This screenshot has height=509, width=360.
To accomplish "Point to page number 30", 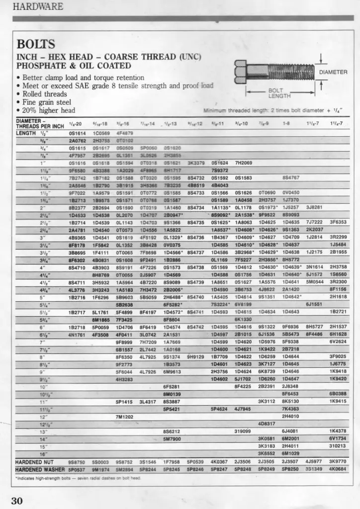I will tap(17, 501).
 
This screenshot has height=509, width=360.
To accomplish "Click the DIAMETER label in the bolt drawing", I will tap(333, 72).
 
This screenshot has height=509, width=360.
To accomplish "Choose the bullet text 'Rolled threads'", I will tap(45, 94).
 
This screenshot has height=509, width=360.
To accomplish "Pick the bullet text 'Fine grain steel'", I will tap(47, 102).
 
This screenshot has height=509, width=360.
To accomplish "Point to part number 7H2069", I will tap(243, 162).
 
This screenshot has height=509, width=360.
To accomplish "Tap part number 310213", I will tap(337, 446).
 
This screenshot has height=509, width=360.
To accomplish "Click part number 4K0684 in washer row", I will tap(338, 469).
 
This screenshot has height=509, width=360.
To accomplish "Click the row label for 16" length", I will tap(44, 453).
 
